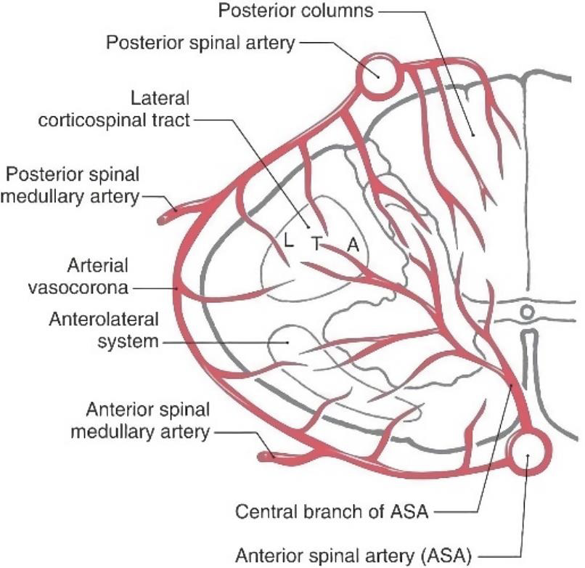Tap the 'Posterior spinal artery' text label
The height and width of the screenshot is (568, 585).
[x=201, y=42]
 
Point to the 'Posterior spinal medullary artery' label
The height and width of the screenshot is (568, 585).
[x=72, y=185]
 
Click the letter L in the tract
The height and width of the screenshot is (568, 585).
[x=289, y=243]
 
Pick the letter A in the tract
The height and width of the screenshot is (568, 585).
[x=353, y=246]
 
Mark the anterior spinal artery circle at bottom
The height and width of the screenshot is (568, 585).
[x=528, y=454]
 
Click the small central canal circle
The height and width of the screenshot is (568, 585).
[x=528, y=312]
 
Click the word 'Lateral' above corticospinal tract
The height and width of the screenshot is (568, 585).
[x=158, y=97]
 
